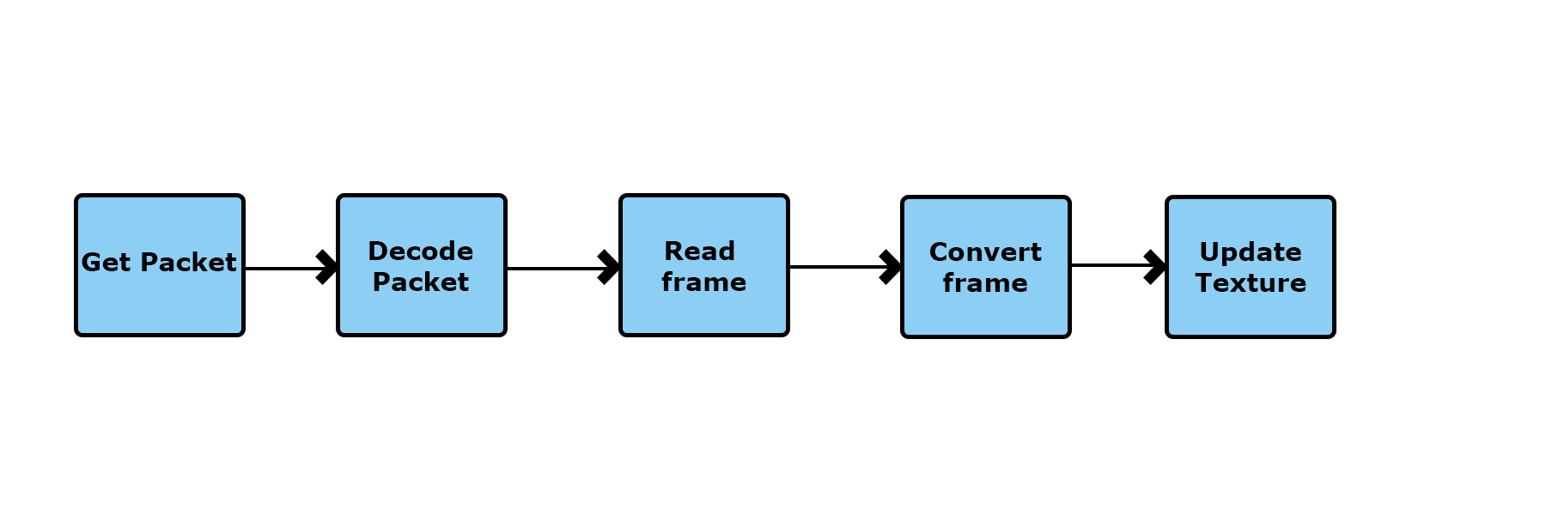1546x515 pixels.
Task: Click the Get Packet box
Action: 160,265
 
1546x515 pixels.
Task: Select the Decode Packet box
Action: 422,265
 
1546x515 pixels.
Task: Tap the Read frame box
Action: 704,265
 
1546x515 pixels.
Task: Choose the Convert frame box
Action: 986,267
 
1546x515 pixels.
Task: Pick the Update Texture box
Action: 1251,267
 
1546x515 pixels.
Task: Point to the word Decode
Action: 421,251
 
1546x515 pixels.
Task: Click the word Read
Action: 700,251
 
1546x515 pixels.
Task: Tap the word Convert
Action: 985,251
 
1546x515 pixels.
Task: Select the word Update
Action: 1251,252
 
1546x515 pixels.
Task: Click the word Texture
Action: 1251,282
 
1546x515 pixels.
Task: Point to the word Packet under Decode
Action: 421,282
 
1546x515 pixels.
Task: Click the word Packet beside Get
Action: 189,263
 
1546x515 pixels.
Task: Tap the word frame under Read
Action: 704,282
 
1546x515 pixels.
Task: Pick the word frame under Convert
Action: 985,282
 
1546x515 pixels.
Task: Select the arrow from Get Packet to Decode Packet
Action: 291,268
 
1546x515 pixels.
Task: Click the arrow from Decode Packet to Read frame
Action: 563,268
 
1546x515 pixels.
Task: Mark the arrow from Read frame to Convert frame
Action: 845,267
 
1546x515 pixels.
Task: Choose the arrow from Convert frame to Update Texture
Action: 1118,266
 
